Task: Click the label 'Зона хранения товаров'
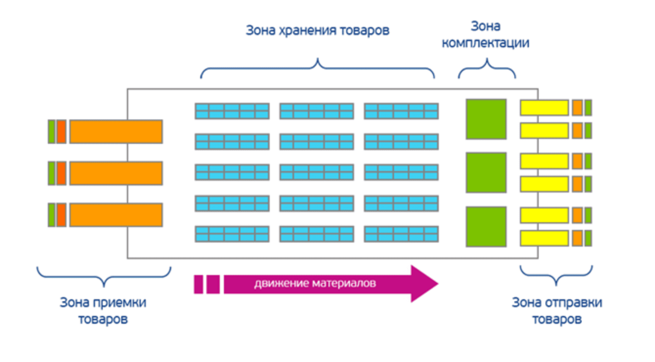(317, 31)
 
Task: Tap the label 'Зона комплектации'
(485, 34)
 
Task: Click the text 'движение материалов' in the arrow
(315, 284)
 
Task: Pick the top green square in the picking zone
(486, 119)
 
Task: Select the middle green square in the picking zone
(486, 173)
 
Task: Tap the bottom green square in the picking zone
(486, 226)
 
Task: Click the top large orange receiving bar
(116, 132)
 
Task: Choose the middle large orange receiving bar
(116, 173)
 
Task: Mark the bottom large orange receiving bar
(116, 215)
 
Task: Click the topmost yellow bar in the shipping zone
(544, 108)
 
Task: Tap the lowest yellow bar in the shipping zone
(544, 238)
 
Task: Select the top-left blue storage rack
(232, 111)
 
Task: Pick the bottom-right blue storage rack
(401, 234)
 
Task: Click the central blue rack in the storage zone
(317, 172)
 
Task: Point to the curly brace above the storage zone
(317, 68)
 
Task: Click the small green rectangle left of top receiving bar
(51, 132)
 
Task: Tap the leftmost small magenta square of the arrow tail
(198, 284)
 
